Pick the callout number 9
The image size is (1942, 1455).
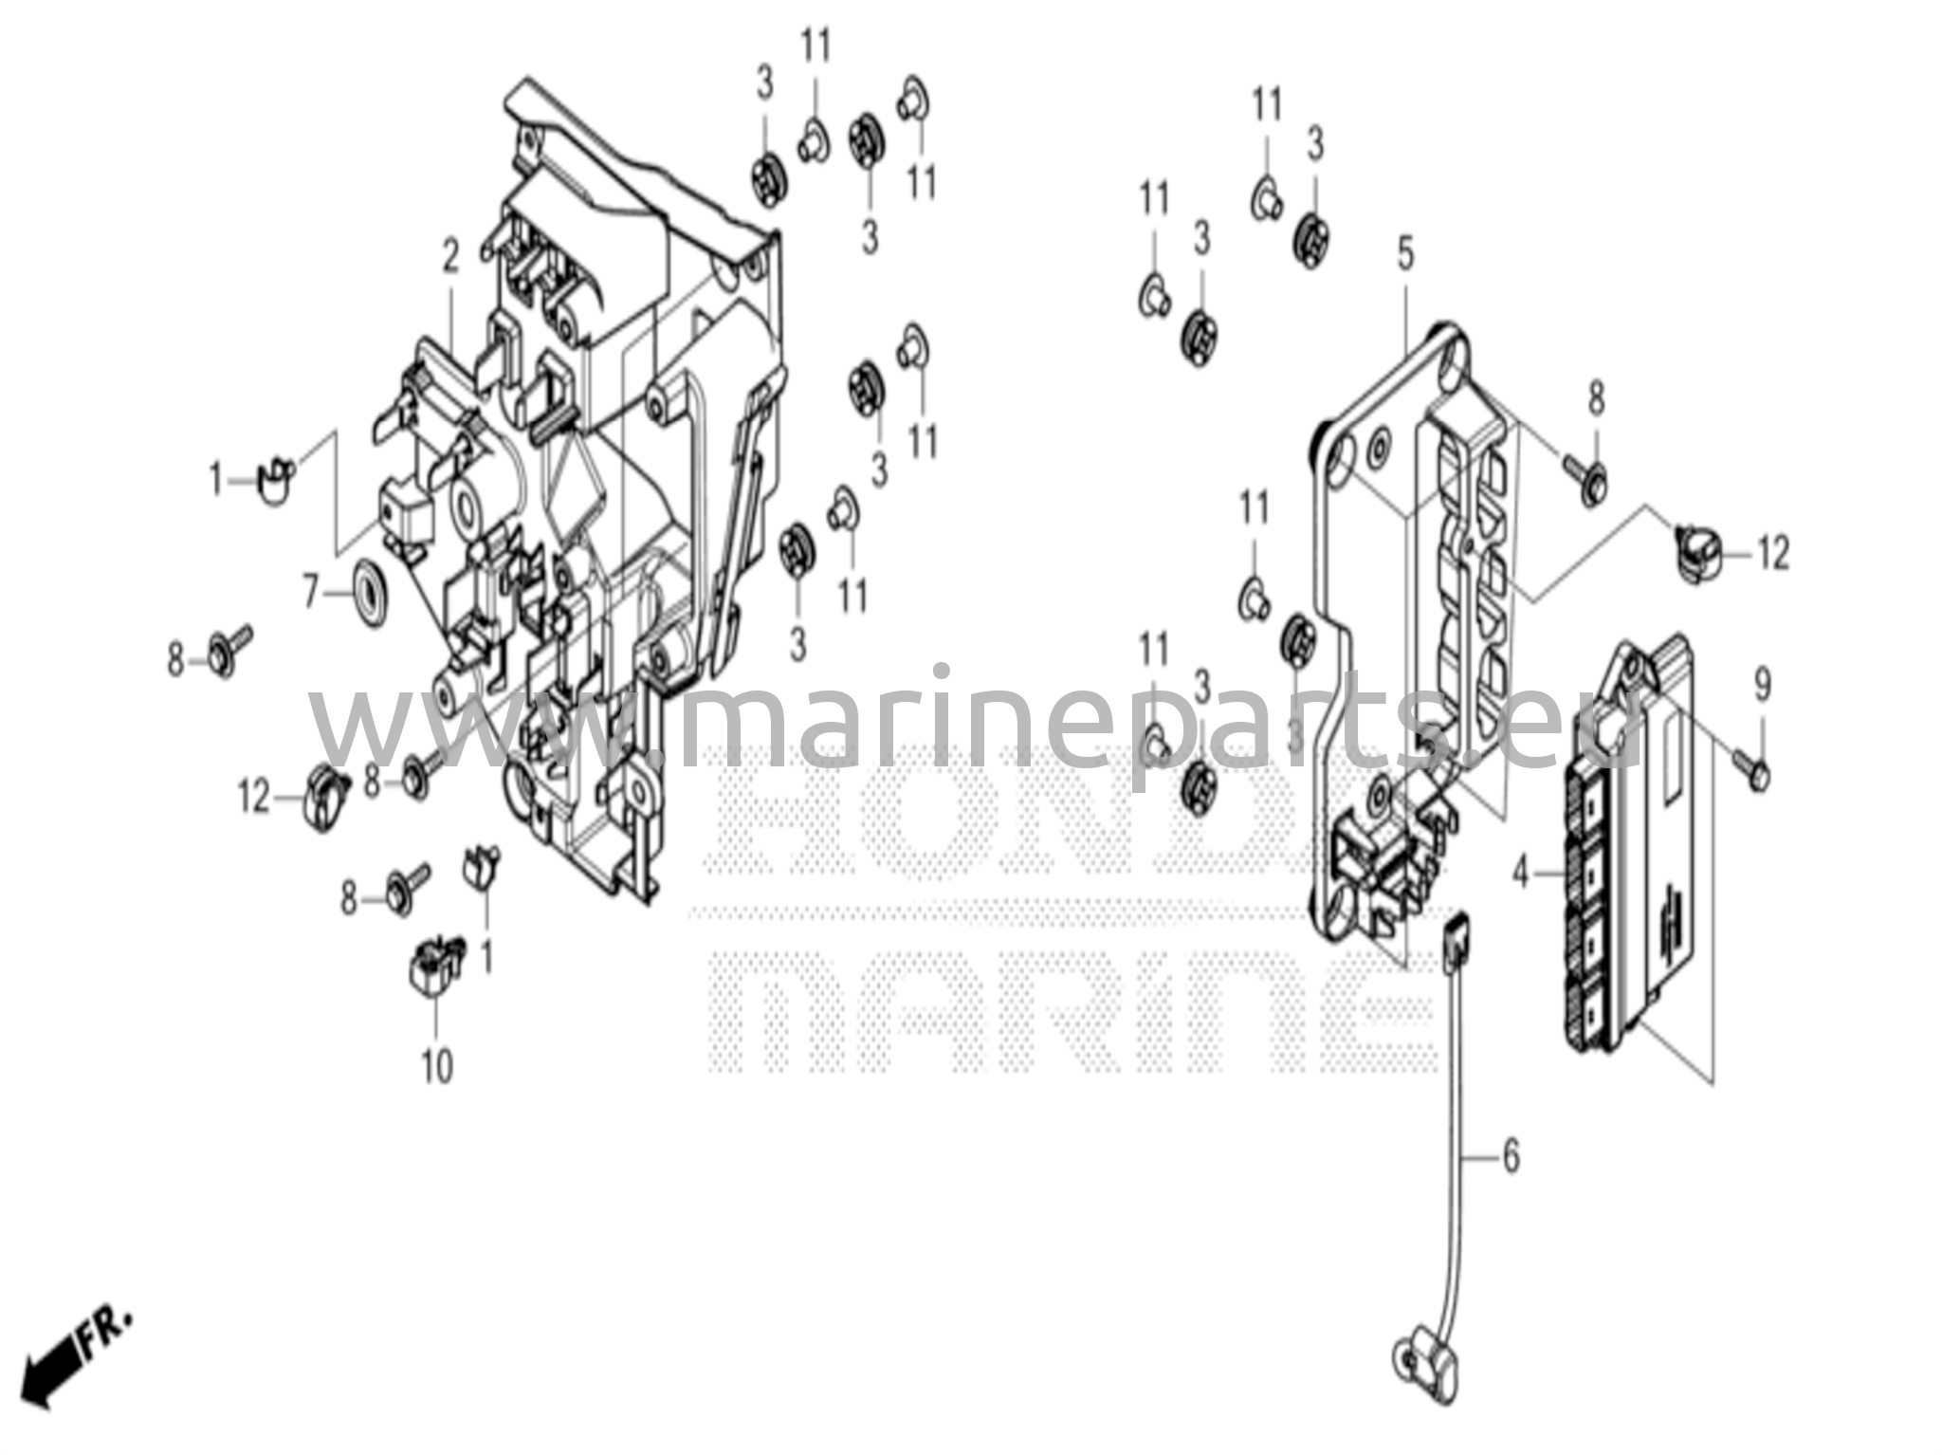tap(1761, 685)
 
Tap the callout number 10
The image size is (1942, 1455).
tap(437, 1067)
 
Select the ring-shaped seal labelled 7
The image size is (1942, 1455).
tap(367, 593)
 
